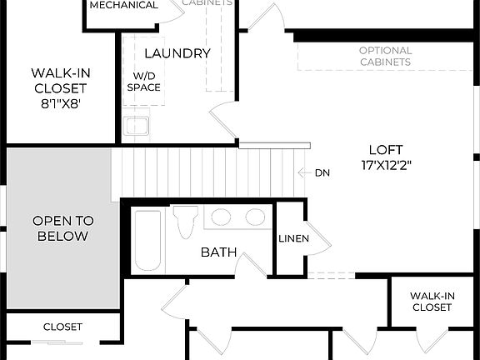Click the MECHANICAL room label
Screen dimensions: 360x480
(x=123, y=5)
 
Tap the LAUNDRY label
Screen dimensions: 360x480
(x=177, y=53)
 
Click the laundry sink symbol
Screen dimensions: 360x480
(x=136, y=127)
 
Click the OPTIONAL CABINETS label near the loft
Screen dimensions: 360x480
(x=385, y=56)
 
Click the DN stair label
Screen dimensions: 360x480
(x=322, y=173)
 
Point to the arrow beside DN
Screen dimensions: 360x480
(x=304, y=173)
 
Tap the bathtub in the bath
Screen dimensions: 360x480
(x=147, y=240)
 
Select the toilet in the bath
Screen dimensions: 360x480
(x=185, y=222)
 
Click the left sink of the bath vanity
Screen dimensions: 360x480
(x=221, y=217)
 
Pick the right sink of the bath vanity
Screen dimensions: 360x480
(x=255, y=217)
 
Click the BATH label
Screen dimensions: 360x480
(x=218, y=252)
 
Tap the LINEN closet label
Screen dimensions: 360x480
(x=293, y=239)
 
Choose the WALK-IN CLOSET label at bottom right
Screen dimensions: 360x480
(x=432, y=302)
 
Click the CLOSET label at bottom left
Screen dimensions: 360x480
(x=62, y=327)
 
